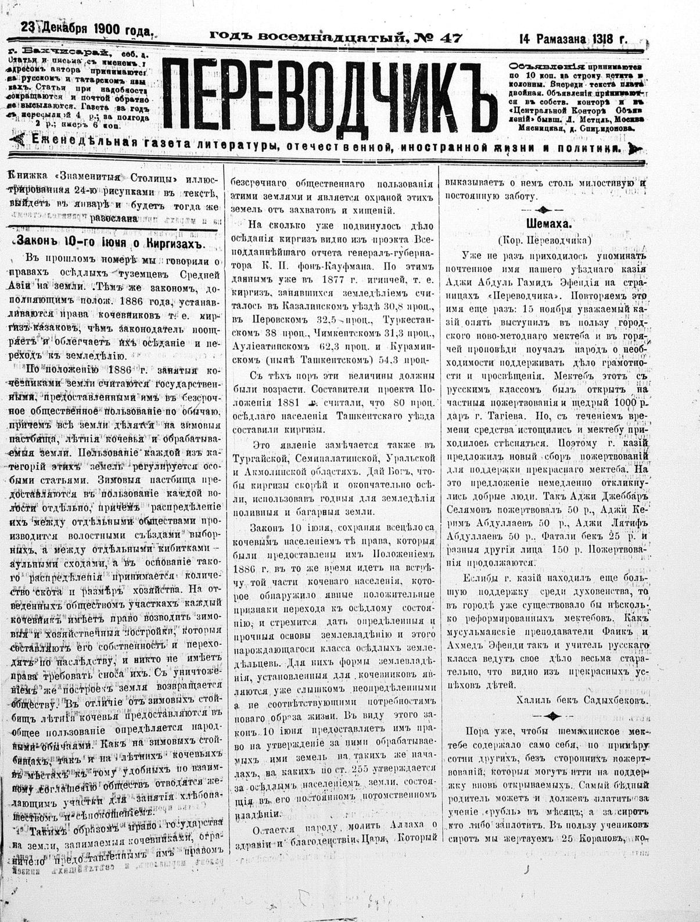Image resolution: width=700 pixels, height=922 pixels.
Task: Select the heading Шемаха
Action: point(541,222)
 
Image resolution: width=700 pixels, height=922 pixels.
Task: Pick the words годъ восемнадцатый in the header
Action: point(308,38)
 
